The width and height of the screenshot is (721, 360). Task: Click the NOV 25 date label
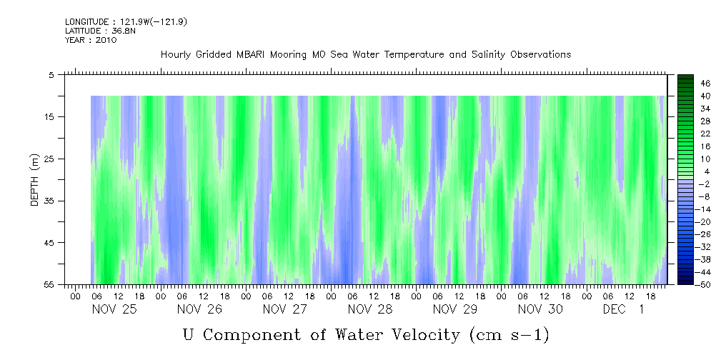[x=114, y=309]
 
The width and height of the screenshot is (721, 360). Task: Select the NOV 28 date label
[x=370, y=309]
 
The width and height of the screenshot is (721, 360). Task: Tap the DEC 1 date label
[x=624, y=309]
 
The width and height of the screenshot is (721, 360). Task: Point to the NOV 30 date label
[x=541, y=309]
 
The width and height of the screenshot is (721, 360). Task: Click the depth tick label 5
[x=51, y=74]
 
